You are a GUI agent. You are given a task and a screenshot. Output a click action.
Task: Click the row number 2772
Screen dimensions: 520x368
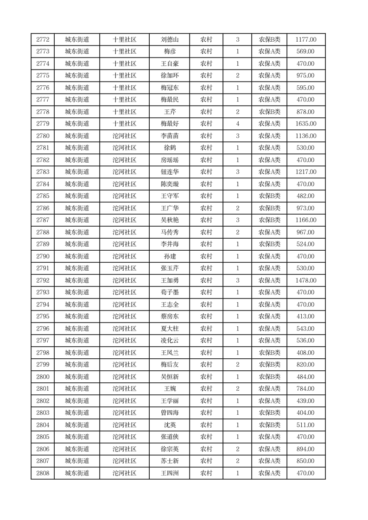pos(43,39)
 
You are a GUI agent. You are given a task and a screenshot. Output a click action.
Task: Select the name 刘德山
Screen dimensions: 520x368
pos(170,39)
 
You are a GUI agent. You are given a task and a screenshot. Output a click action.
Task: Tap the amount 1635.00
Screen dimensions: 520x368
pos(305,124)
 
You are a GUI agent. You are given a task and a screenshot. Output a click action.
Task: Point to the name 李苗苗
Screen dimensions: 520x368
pos(170,136)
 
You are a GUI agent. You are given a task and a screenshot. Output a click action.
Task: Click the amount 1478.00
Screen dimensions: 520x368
pos(305,280)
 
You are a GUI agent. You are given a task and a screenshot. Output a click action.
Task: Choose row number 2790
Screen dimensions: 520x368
pos(43,256)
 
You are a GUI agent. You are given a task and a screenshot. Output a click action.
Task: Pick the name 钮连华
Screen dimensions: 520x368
pos(170,172)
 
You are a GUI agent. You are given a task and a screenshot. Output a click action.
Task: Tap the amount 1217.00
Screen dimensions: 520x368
pos(305,172)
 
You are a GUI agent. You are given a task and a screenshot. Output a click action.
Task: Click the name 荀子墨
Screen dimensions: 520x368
pos(170,292)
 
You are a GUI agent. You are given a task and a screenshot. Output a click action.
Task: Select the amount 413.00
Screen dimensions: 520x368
pos(305,317)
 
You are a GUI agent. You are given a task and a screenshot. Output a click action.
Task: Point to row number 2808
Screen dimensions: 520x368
pos(43,473)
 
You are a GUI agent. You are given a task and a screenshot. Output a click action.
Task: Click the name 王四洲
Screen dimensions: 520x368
pos(170,473)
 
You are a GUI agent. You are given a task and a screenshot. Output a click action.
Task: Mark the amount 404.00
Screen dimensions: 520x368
pos(305,413)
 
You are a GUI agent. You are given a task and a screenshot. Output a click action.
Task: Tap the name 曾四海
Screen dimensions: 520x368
pos(170,413)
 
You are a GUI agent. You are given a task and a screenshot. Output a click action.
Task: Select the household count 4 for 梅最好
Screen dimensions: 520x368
pos(237,124)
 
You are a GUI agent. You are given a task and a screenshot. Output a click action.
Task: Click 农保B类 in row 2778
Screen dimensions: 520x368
pos(269,112)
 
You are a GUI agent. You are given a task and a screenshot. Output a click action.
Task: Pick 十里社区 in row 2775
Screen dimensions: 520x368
pos(125,76)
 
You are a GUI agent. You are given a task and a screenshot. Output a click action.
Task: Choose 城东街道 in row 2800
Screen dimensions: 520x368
pos(77,377)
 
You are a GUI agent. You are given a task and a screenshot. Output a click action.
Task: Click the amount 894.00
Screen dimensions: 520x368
pos(305,449)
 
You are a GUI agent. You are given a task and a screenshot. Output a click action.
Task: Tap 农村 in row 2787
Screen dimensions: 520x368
pos(206,220)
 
